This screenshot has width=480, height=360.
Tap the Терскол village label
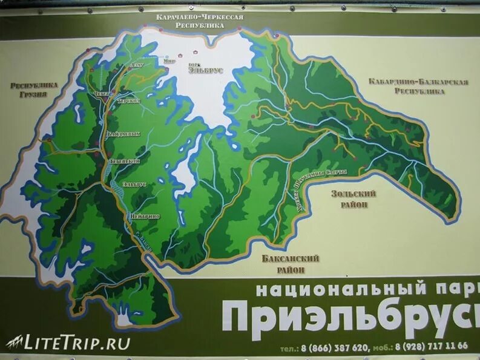[x=129, y=100]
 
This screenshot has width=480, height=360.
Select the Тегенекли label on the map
[x=125, y=161]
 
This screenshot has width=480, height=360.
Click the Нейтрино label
[x=145, y=216]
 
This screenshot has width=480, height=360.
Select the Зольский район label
[x=353, y=198]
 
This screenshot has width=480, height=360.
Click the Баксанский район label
[x=291, y=264]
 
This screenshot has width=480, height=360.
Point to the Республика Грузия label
[x=34, y=90]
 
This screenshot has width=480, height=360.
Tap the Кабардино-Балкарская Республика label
[x=418, y=86]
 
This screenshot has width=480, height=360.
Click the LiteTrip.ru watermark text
[x=77, y=343]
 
